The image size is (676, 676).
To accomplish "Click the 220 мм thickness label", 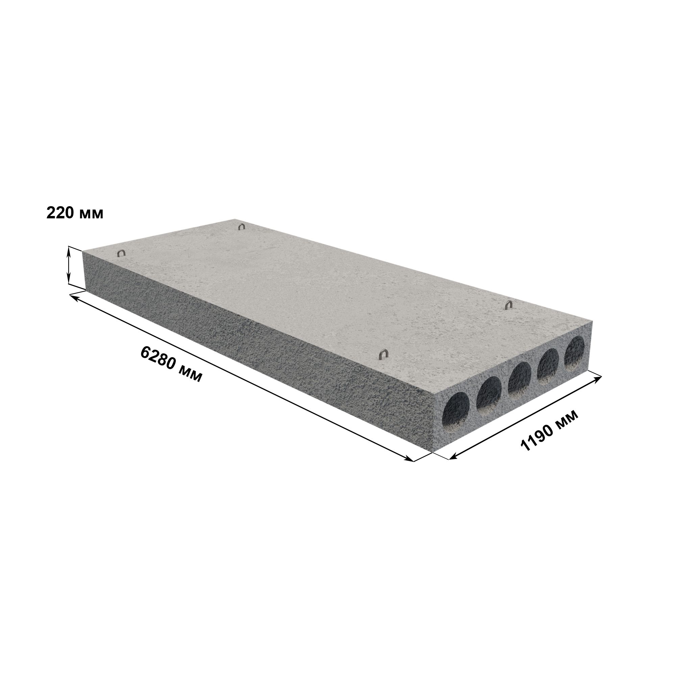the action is [x=75, y=213].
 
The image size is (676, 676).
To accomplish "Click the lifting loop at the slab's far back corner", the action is [x=241, y=227].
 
